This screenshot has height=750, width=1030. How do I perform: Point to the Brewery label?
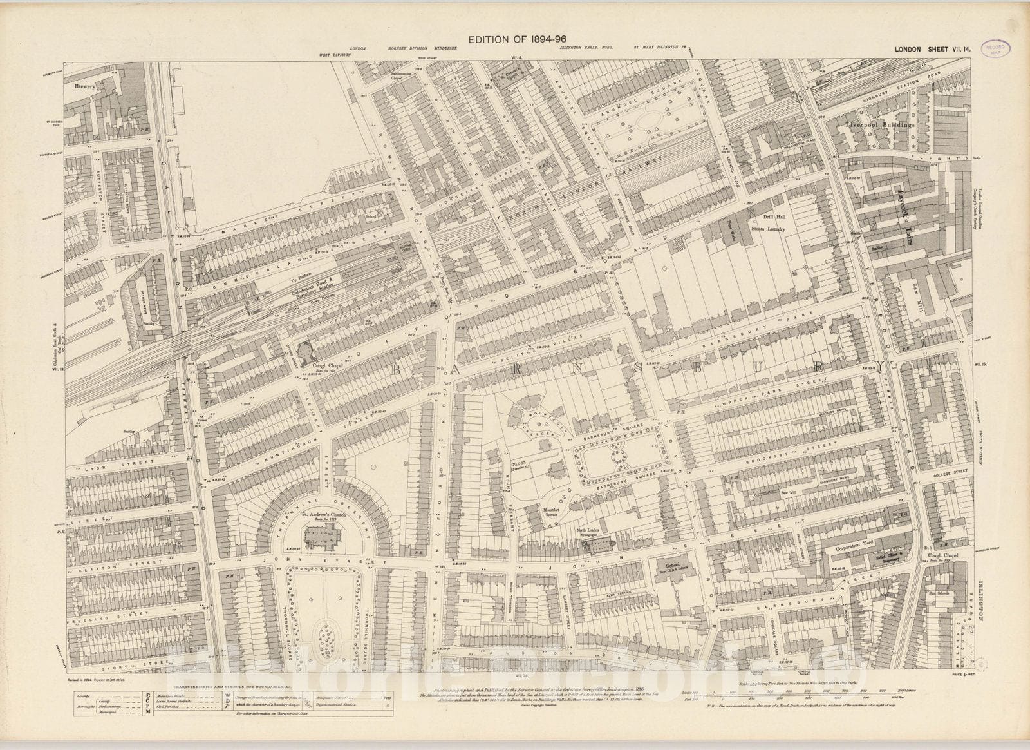[84, 86]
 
